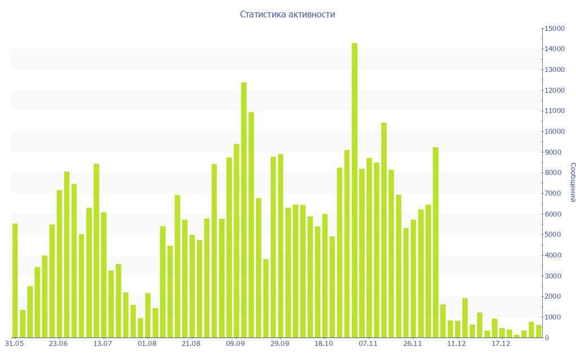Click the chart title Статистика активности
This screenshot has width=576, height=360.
[287, 15]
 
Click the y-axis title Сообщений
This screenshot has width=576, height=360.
[572, 182]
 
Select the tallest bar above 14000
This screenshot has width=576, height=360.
[354, 190]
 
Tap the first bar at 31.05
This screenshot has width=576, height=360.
[15, 281]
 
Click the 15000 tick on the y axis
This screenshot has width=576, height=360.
[554, 29]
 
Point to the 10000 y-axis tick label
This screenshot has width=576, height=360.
[554, 132]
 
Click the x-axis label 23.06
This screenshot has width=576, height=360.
[58, 344]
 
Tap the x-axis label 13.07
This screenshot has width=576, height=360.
[102, 344]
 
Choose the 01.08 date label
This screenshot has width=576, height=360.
[147, 344]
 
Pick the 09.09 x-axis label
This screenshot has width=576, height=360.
[236, 344]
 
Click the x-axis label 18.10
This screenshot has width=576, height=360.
[324, 344]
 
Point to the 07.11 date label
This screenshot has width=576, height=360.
[368, 344]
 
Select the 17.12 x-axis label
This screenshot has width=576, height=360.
[501, 344]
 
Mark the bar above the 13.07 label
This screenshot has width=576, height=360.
[103, 275]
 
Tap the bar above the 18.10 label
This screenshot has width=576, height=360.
[325, 276]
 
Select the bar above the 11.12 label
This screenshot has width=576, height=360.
[457, 329]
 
